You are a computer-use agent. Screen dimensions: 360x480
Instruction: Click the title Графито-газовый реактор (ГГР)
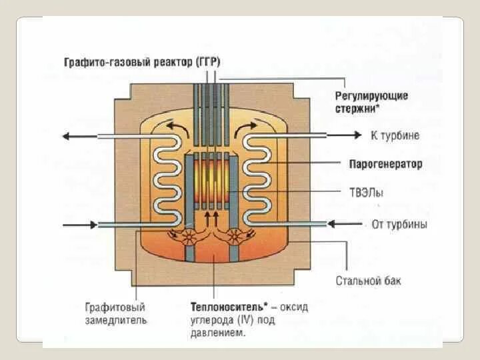tap(142, 62)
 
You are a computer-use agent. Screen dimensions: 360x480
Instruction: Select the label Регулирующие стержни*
tap(371, 101)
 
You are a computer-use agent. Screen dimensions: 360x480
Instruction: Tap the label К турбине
tap(395, 136)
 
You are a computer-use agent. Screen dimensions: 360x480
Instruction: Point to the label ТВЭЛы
tap(366, 192)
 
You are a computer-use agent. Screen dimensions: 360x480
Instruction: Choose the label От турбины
tap(399, 224)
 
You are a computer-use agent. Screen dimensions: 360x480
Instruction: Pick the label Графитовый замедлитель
tap(115, 313)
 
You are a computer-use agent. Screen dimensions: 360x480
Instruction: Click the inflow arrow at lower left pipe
tap(79, 225)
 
